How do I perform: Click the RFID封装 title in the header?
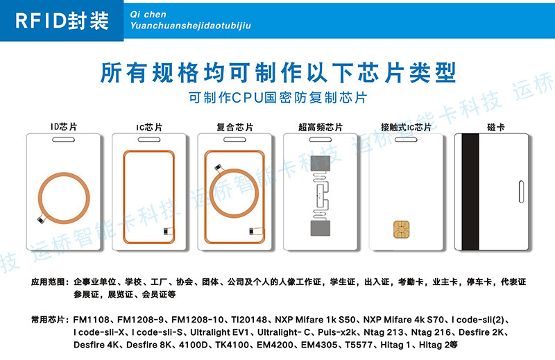click(62, 21)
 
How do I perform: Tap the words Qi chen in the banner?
click(148, 15)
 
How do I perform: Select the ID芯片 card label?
click(64, 127)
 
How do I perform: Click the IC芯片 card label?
click(149, 127)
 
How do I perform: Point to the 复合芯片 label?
click(235, 127)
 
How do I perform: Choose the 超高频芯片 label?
click(321, 127)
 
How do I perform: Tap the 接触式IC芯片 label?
click(406, 127)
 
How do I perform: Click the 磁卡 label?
click(495, 127)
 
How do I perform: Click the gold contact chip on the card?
click(402, 229)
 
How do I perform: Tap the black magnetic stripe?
click(470, 191)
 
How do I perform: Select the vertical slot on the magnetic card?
click(521, 191)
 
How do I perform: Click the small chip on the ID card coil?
click(41, 220)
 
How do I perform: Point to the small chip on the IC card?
click(166, 231)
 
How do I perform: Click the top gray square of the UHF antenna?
click(321, 164)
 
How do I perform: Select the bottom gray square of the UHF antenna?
click(321, 228)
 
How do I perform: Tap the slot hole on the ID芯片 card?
click(63, 140)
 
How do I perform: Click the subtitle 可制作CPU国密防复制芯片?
click(277, 97)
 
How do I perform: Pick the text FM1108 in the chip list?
click(92, 320)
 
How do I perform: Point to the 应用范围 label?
click(48, 282)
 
